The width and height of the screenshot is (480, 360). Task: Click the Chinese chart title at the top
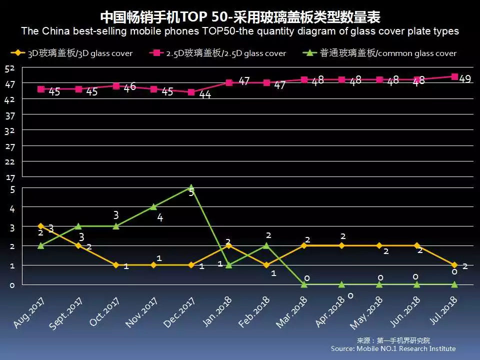pos(240,17)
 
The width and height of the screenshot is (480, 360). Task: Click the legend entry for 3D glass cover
pos(72,53)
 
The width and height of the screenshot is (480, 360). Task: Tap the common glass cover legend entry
pos(380,53)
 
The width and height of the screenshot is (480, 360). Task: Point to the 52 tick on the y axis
pos(10,68)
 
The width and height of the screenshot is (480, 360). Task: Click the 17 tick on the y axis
pos(10,177)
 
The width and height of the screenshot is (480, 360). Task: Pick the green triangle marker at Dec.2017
pos(191,188)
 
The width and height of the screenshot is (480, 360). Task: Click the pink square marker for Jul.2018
pos(454,76)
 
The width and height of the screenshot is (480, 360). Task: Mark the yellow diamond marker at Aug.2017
pos(41,226)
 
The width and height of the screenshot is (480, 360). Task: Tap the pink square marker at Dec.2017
pos(191,92)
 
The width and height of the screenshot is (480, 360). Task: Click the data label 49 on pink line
pos(465,79)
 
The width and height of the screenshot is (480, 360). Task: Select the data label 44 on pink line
pos(205,94)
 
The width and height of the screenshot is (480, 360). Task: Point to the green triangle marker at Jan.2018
pos(228,265)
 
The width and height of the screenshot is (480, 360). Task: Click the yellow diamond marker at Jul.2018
pos(454,265)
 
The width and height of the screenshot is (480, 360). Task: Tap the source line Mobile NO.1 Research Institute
pos(393,348)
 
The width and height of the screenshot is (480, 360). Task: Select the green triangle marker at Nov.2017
pos(153,206)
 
